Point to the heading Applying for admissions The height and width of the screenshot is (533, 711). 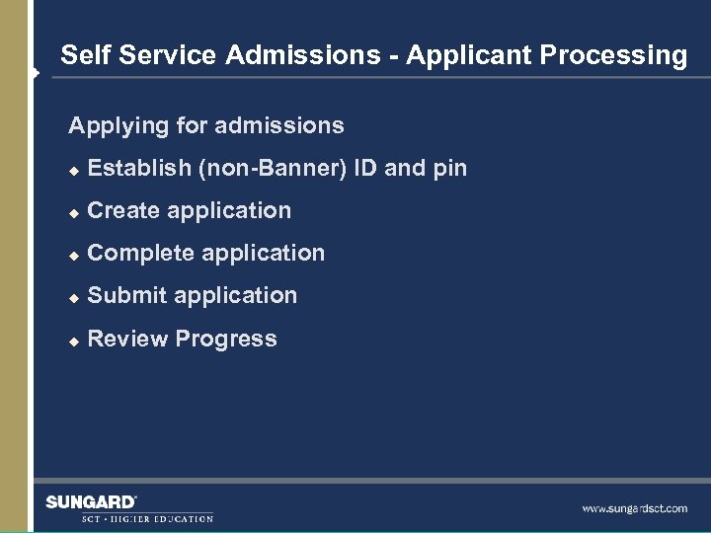click(x=205, y=125)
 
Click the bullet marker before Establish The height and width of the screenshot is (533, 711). click(x=72, y=170)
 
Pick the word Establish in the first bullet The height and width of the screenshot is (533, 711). click(x=139, y=169)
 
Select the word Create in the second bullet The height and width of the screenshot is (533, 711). click(x=123, y=210)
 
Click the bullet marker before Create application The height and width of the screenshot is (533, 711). click(x=72, y=212)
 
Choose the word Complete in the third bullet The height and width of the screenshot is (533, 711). click(x=135, y=254)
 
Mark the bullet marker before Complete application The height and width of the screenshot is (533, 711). click(x=72, y=255)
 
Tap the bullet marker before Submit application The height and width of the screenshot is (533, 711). click(x=72, y=297)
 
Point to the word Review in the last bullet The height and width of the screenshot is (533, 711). click(x=127, y=339)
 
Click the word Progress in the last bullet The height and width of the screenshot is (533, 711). click(x=226, y=340)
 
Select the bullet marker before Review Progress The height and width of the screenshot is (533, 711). click(x=72, y=341)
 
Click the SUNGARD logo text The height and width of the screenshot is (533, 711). click(x=91, y=502)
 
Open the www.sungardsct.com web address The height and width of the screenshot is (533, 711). click(x=634, y=508)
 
